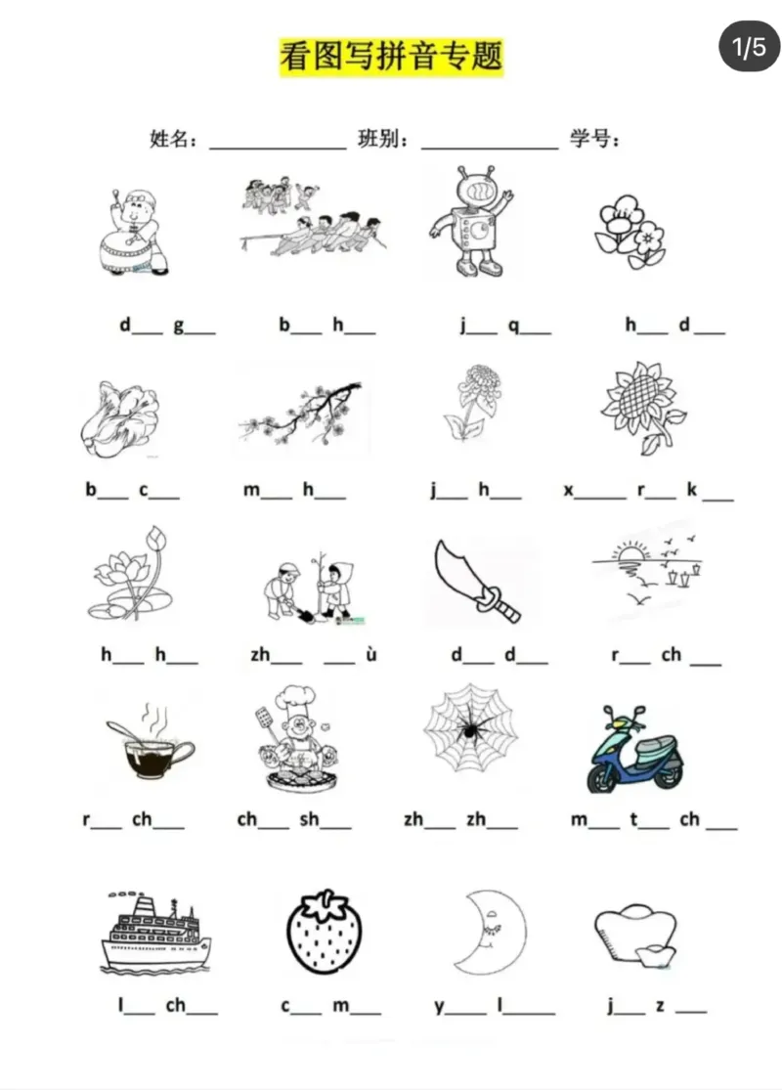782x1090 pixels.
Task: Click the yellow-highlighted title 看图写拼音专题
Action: pos(391,57)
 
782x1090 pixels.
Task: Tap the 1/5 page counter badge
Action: pos(749,47)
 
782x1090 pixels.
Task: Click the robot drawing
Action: pos(470,222)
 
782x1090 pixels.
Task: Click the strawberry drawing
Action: pos(325,931)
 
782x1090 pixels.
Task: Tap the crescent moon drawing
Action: pos(487,932)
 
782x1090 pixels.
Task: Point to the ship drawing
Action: pos(154,932)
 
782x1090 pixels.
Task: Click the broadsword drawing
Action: pos(475,581)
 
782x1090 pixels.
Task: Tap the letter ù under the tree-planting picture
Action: pos(370,654)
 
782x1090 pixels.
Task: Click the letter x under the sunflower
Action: pos(569,491)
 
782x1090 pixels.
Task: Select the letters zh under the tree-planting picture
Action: pos(261,654)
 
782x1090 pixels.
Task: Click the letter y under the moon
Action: pos(439,1007)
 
